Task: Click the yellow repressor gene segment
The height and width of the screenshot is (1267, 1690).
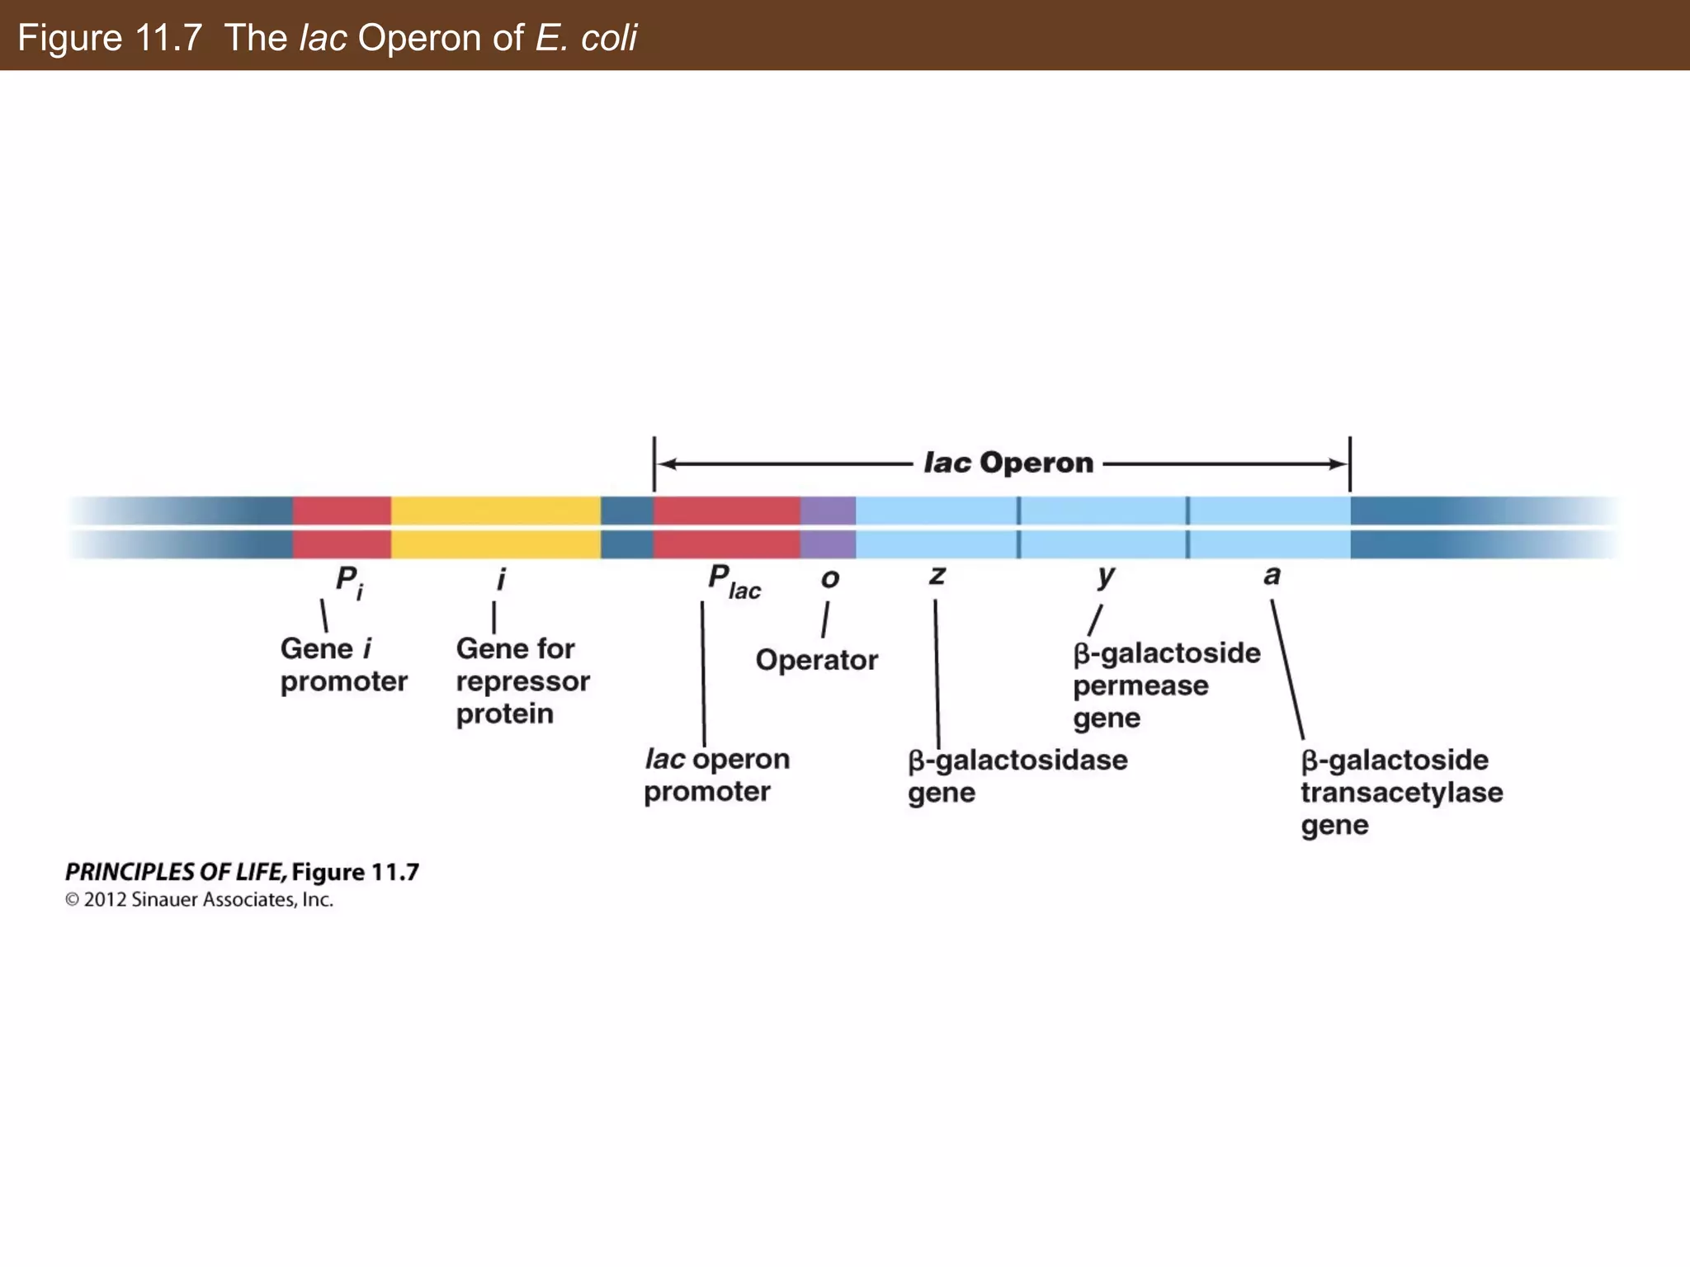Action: click(495, 528)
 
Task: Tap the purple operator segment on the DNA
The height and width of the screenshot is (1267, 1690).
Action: click(828, 528)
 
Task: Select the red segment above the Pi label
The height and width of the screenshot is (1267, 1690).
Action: click(342, 528)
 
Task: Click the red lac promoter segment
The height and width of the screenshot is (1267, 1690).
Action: click(726, 528)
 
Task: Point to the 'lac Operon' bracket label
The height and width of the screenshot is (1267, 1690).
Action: click(1008, 464)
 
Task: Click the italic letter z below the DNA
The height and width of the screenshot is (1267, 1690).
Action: click(937, 575)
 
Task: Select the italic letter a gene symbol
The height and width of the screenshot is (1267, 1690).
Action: click(1272, 575)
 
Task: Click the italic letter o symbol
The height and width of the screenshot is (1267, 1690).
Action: click(830, 579)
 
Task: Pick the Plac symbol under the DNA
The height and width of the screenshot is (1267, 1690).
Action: click(734, 582)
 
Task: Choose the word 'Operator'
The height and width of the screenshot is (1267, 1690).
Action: click(816, 660)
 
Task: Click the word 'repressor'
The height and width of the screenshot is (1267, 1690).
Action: click(522, 681)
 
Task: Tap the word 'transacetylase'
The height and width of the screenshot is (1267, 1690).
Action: click(1401, 793)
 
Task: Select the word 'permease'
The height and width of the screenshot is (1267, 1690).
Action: click(1140, 685)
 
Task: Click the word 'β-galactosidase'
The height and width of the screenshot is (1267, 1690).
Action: click(1017, 760)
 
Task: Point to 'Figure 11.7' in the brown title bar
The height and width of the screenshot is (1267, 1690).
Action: click(110, 38)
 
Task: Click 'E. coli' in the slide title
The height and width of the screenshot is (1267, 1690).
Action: click(586, 38)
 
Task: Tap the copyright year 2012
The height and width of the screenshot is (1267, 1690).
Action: click(105, 900)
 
